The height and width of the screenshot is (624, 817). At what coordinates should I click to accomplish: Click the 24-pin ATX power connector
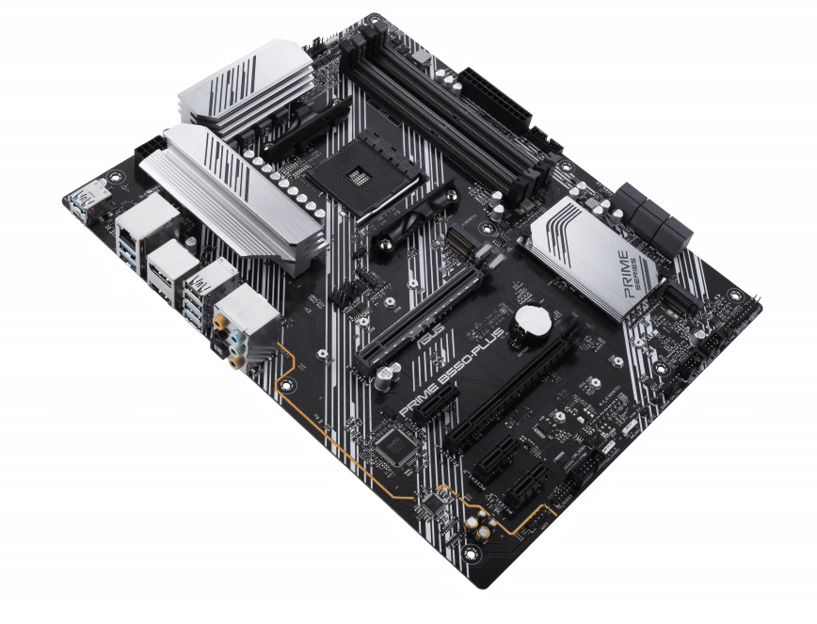pyautogui.click(x=493, y=95)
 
